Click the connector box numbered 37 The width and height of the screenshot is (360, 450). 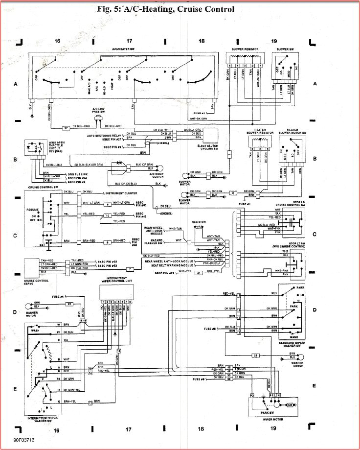[x=67, y=128]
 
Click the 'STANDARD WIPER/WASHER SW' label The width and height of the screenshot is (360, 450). [x=292, y=347]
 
